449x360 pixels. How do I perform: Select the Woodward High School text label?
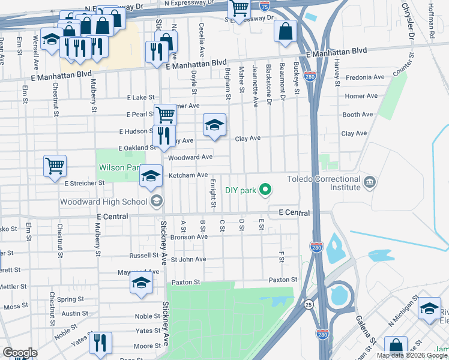point(103,202)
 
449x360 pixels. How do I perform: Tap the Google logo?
point(20,353)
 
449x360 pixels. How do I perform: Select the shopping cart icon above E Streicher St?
point(55,165)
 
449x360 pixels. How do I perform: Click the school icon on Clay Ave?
point(214,125)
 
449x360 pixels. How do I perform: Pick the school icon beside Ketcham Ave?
point(151,175)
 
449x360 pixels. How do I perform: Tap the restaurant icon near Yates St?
point(100,342)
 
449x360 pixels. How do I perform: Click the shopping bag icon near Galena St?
point(396,346)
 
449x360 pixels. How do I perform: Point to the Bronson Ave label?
point(188,237)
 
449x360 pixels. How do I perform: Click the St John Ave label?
point(188,260)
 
